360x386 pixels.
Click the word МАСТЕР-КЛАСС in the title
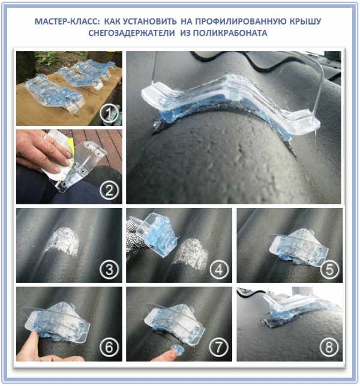tap(67, 22)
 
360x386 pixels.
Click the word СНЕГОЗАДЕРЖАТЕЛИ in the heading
tap(131, 33)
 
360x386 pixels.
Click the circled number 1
tap(109, 113)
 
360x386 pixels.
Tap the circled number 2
tap(109, 190)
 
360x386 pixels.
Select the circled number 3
tap(109, 269)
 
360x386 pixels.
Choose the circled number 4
tap(219, 269)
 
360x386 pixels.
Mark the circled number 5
tap(329, 269)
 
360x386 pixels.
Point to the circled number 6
tap(109, 348)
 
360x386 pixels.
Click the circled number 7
tap(219, 348)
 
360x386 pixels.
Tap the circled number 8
tap(329, 348)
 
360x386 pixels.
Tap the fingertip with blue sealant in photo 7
tap(177, 350)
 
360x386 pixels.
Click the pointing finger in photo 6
tap(29, 345)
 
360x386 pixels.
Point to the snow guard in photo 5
tap(299, 248)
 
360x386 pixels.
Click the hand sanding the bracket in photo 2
tap(42, 153)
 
